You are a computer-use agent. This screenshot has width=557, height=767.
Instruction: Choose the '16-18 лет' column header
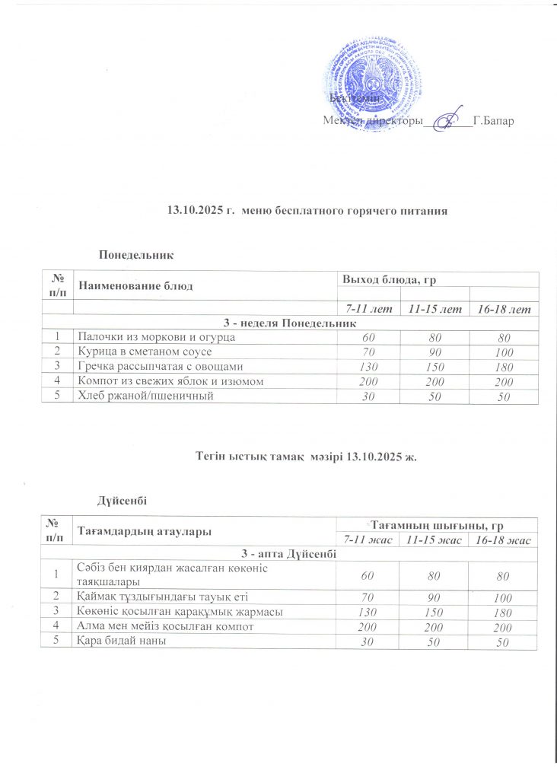coord(503,310)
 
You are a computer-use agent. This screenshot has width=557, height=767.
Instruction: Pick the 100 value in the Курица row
coord(503,352)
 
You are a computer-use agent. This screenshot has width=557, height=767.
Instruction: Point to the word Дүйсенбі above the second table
coord(122,499)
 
